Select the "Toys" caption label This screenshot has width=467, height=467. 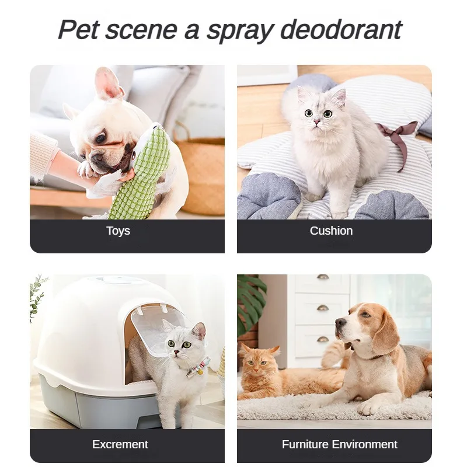[118, 231]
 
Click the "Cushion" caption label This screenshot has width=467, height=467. [331, 231]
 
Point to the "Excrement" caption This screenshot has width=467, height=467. [120, 444]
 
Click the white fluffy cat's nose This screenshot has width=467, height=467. [316, 123]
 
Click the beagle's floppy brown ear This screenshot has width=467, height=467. [385, 332]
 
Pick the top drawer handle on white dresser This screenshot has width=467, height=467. [322, 277]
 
